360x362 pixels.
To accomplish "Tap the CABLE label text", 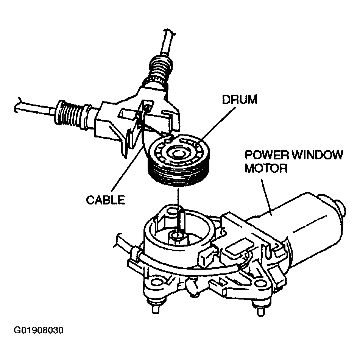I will coord(105,200).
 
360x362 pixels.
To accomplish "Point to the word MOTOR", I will coord(266,168).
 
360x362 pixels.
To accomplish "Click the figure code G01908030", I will coord(39,330).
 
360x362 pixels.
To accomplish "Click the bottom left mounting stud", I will coord(155,307).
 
